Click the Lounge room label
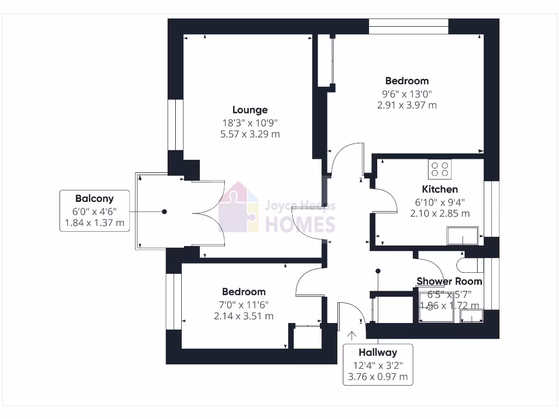pos(250,110)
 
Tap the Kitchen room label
pos(440,189)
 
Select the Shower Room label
pos(449,282)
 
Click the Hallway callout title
pos(378,352)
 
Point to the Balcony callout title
pos(94,199)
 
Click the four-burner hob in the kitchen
pos(440,169)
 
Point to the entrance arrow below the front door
pos(352,336)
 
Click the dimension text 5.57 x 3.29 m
pos(250,134)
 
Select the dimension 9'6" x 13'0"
pos(407,93)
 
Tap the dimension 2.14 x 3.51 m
pos(244,316)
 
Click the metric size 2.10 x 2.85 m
pos(440,213)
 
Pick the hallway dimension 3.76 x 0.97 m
pos(378,376)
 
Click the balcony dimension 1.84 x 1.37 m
pos(94,223)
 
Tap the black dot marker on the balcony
pos(164,211)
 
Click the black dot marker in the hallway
pos(378,271)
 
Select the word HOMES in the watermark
pos(300,224)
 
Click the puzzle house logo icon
pos(239,207)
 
